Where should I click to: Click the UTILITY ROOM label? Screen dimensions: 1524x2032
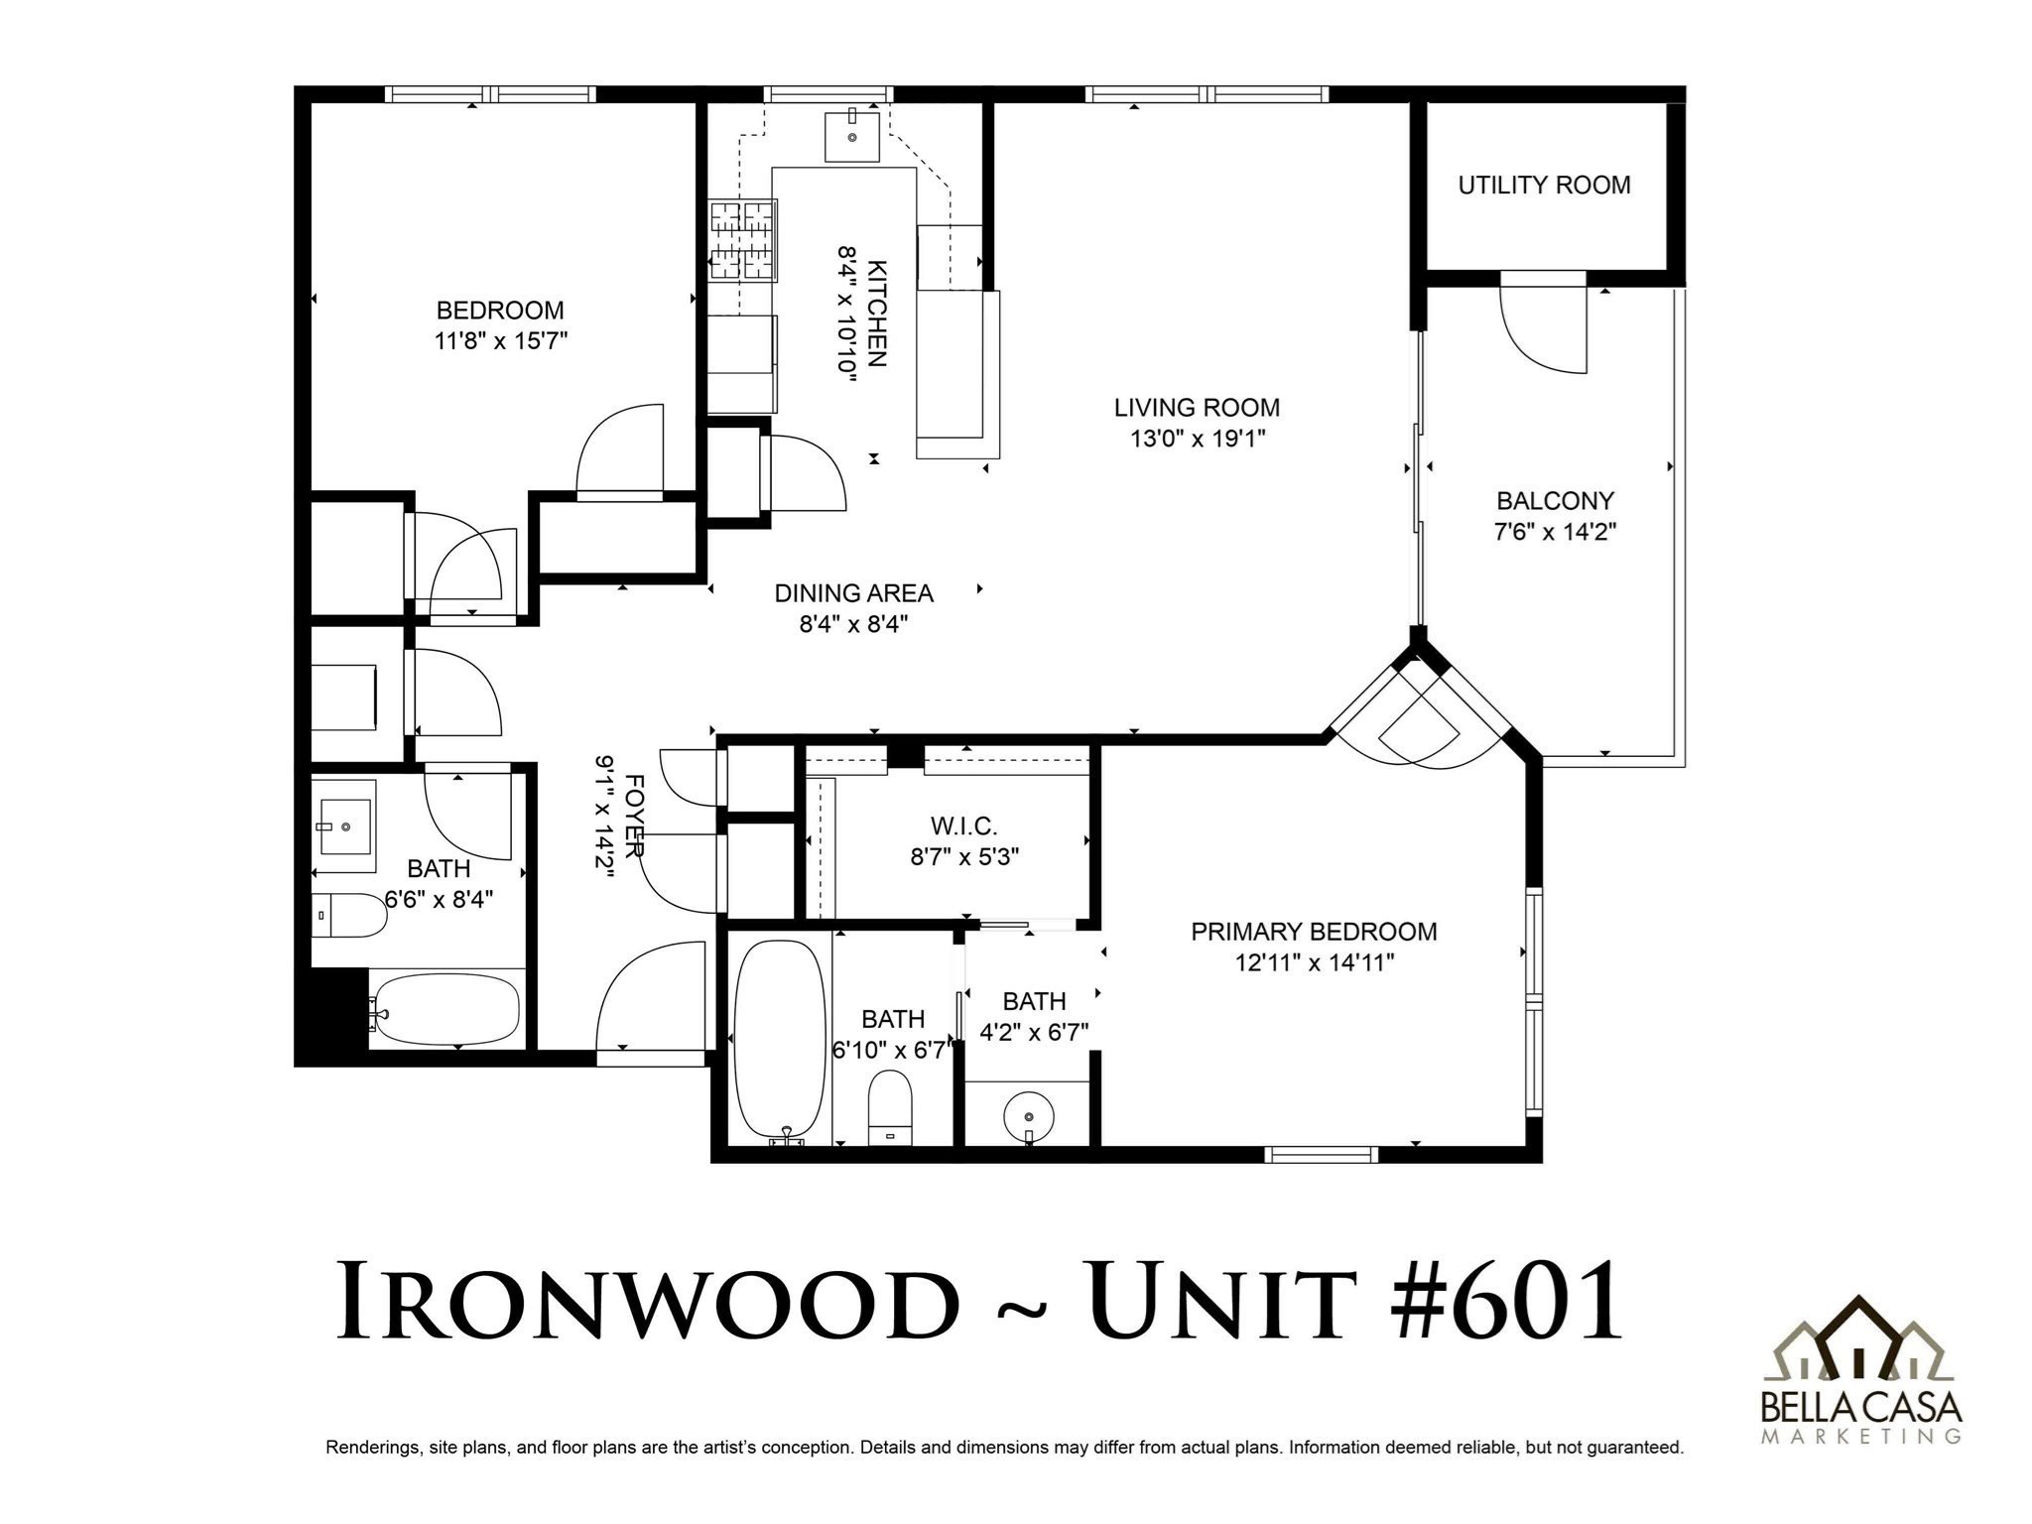click(x=1544, y=186)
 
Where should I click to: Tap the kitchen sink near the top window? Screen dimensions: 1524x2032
click(x=852, y=137)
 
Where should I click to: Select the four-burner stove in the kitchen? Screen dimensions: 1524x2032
click(x=742, y=241)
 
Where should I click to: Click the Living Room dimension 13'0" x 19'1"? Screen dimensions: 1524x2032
click(x=1197, y=439)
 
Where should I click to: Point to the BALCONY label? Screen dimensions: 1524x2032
click(x=1555, y=501)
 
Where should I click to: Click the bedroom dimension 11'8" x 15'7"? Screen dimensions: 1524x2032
click(x=500, y=341)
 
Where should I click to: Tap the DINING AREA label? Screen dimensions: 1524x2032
click(x=853, y=593)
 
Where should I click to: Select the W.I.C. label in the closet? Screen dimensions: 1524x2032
click(x=963, y=825)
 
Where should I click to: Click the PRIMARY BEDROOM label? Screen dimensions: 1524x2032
click(x=1314, y=932)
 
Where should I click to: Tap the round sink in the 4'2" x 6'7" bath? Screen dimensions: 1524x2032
click(x=1029, y=1118)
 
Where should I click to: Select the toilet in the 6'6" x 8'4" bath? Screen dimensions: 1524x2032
click(x=347, y=916)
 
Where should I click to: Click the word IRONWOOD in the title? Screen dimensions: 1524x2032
click(x=646, y=1302)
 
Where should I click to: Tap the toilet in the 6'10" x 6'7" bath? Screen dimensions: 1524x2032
click(x=889, y=1107)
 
